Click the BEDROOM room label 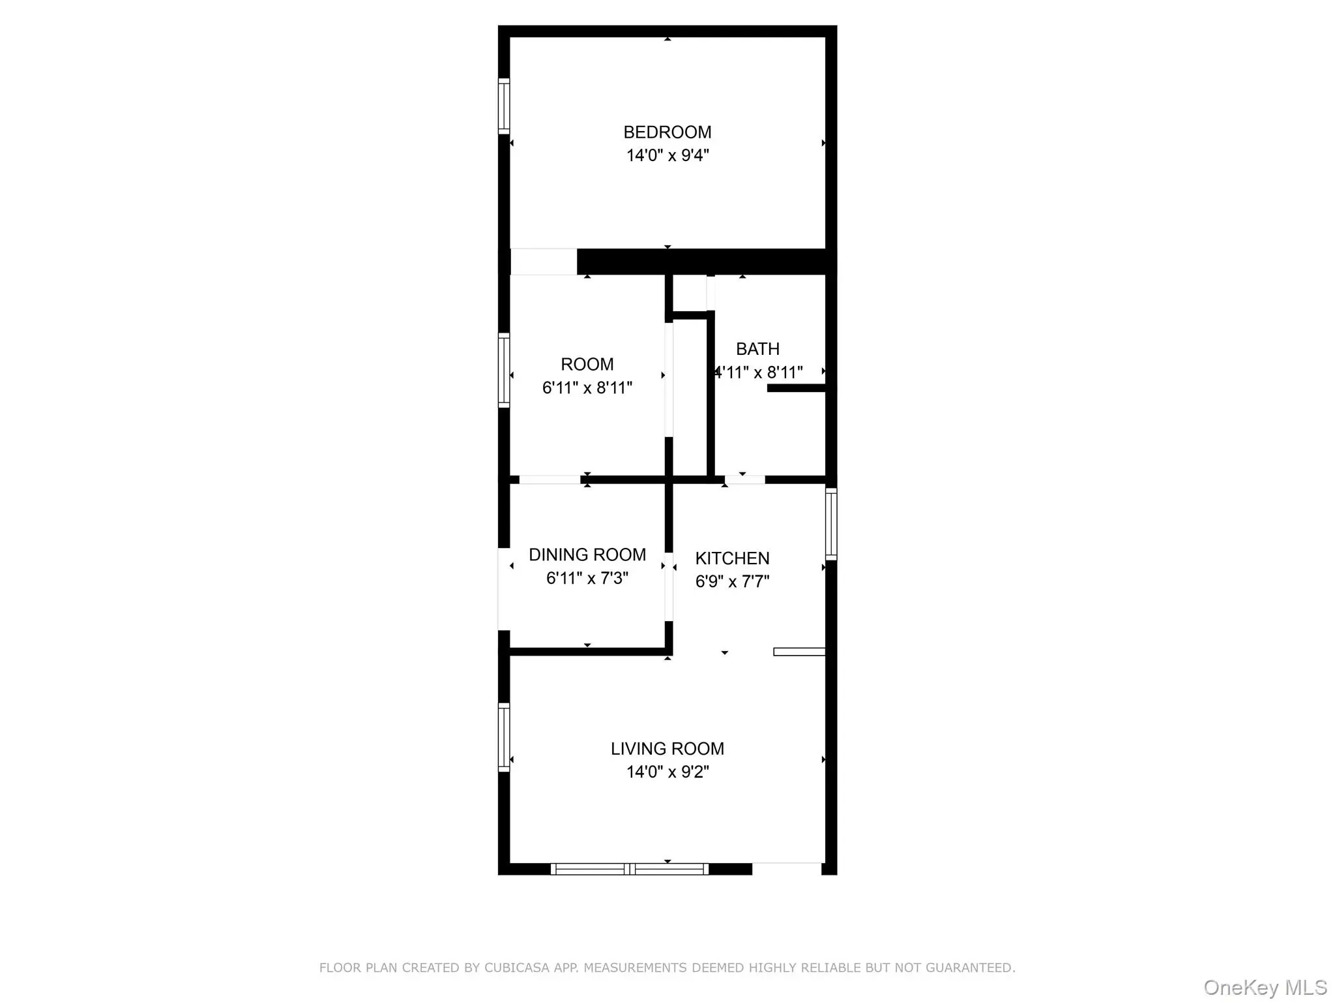(x=667, y=132)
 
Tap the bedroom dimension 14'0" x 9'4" (x=667, y=155)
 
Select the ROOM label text (x=587, y=364)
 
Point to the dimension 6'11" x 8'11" (x=587, y=387)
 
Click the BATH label (x=757, y=349)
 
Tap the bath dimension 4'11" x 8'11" (x=759, y=372)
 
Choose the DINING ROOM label (x=587, y=554)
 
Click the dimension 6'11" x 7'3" (x=587, y=578)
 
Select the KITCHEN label (x=732, y=558)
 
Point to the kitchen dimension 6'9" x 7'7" (x=732, y=581)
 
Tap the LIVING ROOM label (x=667, y=749)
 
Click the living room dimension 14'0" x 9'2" (x=667, y=772)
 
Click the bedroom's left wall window (x=504, y=106)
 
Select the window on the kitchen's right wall (x=831, y=524)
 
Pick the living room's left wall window (x=504, y=737)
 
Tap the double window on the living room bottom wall (x=630, y=869)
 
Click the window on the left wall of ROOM (x=504, y=371)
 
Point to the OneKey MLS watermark (x=1265, y=988)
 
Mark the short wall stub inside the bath (x=797, y=388)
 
